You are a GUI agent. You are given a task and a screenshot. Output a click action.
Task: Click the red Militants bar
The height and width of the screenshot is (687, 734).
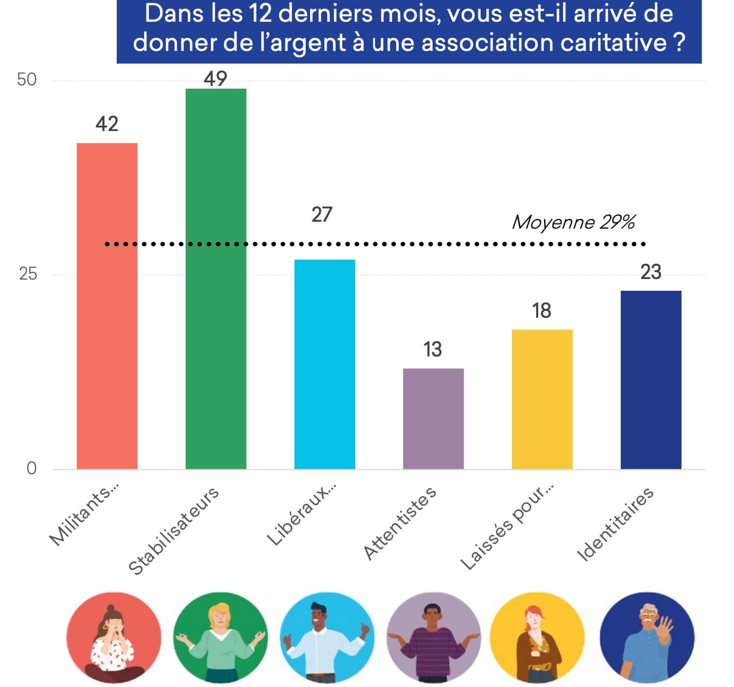point(107,306)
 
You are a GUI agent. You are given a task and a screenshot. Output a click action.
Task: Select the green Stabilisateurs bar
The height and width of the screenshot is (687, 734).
point(216,279)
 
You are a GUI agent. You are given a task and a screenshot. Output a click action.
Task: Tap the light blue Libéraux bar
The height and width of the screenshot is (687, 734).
point(325,364)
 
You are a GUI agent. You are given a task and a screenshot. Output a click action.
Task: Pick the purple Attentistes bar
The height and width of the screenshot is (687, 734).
point(433,418)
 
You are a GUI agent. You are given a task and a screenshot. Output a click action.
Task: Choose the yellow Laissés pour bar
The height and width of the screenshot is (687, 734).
point(542,399)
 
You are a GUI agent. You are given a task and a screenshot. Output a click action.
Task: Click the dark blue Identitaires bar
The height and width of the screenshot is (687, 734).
point(651,379)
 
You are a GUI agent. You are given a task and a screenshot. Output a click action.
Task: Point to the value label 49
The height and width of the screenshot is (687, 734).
point(215,79)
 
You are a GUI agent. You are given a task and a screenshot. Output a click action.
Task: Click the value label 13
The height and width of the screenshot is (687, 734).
point(433,350)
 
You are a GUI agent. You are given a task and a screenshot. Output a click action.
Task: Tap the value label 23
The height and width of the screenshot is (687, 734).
point(651,272)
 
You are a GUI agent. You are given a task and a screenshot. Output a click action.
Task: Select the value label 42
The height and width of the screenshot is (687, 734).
point(107,124)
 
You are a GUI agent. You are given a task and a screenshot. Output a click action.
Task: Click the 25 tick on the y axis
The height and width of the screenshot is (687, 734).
point(28,274)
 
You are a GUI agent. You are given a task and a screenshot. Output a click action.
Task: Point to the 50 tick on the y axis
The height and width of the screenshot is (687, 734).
point(27,80)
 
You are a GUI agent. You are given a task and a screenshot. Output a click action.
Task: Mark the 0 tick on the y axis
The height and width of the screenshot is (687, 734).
point(31,468)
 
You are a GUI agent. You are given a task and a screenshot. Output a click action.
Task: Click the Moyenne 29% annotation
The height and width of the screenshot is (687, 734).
point(573,222)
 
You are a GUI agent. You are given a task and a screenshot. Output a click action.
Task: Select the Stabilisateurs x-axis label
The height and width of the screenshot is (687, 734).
point(173,531)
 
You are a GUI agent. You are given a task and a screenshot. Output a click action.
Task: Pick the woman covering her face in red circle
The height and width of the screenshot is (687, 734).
point(113,639)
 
